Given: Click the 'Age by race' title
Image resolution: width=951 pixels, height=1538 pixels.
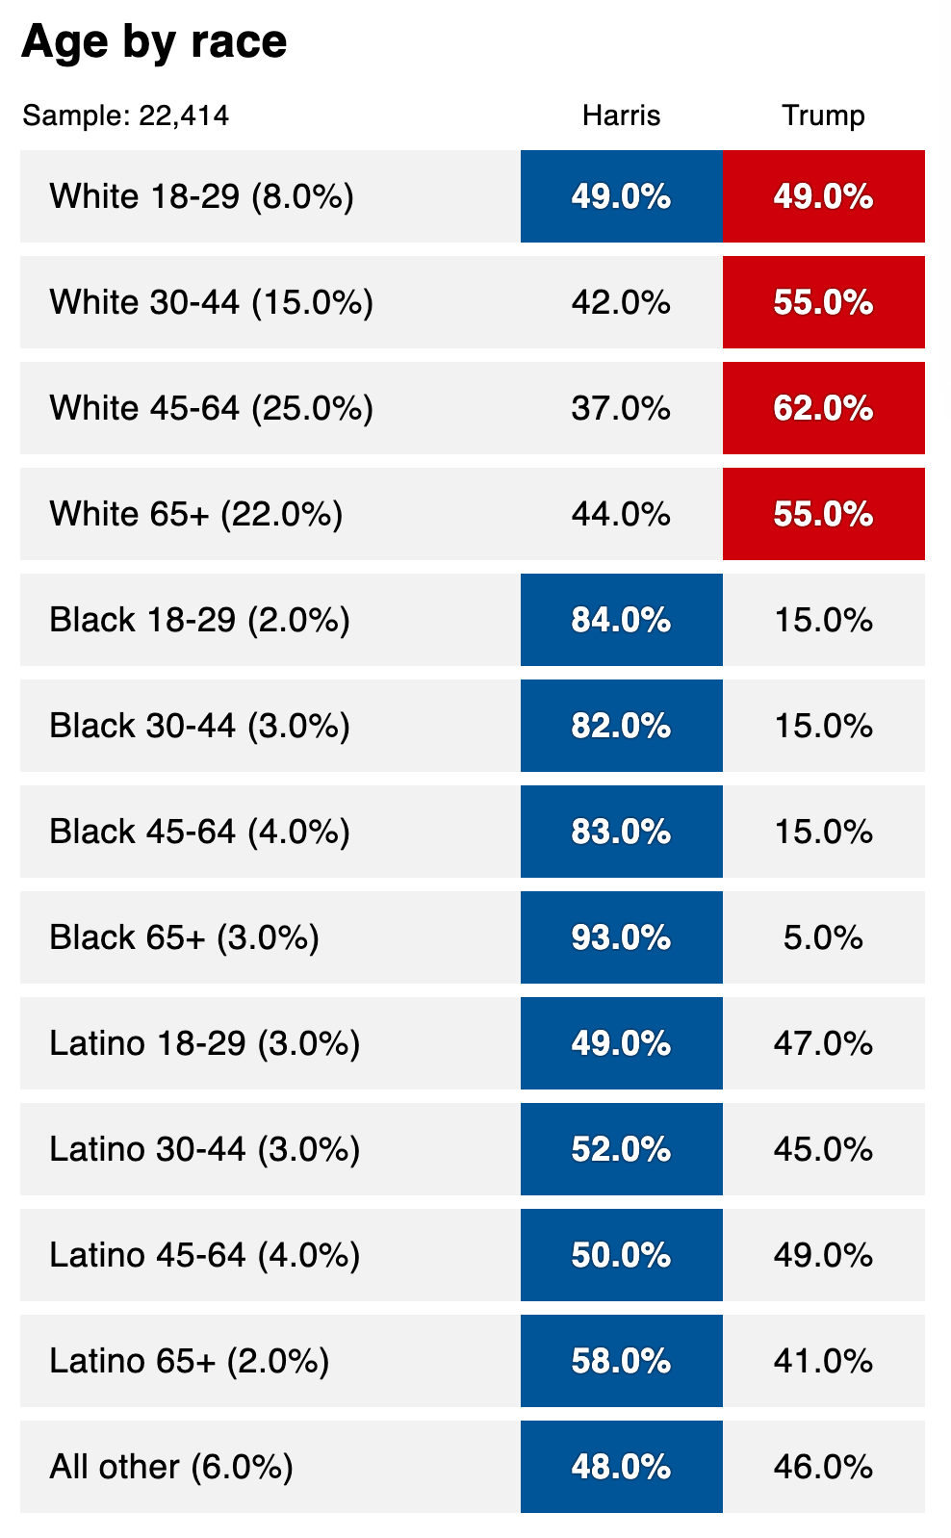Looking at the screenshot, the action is (x=154, y=42).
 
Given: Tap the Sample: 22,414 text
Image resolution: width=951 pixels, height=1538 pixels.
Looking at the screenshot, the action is (x=126, y=115).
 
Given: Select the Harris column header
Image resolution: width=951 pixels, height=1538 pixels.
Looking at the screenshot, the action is (x=622, y=115).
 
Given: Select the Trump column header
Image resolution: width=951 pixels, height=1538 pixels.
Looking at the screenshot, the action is (x=823, y=115).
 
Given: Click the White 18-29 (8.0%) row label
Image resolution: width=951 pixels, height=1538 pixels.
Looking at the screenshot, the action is (x=202, y=196).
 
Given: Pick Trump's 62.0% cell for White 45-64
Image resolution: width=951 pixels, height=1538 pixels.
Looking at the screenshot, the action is (x=823, y=408).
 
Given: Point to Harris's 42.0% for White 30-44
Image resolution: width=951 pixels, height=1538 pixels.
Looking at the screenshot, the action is (x=621, y=302).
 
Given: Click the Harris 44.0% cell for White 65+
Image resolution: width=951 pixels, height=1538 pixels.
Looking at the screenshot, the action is (x=621, y=514).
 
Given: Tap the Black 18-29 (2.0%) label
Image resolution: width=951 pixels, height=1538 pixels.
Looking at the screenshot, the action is (x=200, y=620).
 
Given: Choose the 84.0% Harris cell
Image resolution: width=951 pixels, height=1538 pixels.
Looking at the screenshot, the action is (x=622, y=619).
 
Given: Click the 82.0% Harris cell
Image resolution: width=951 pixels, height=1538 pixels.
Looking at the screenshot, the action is (x=622, y=725).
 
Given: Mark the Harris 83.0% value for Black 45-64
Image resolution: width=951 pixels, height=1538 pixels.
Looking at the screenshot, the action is (x=622, y=831).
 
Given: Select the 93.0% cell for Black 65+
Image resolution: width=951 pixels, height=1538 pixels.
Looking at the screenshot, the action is (x=622, y=936).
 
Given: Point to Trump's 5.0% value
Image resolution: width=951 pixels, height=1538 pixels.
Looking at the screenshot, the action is (x=823, y=937).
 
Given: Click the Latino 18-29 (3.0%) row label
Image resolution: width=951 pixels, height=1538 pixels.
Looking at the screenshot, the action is (x=205, y=1043).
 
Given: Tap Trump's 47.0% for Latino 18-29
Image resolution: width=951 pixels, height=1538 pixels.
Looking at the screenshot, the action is (x=823, y=1043).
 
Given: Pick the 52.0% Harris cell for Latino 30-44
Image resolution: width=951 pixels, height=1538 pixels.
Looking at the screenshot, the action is (x=622, y=1148).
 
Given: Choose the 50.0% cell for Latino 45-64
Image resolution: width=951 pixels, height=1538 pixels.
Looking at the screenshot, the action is (x=622, y=1254).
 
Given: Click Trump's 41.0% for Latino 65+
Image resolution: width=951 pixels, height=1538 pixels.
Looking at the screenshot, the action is (x=823, y=1360).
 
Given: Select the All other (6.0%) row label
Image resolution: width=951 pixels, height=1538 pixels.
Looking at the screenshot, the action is (x=171, y=1467).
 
